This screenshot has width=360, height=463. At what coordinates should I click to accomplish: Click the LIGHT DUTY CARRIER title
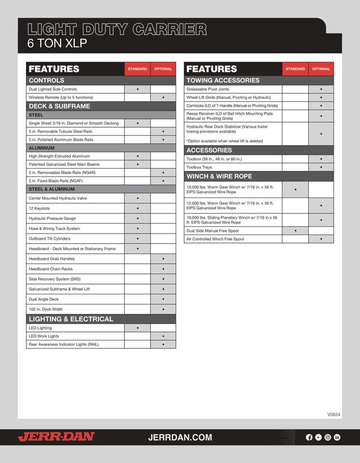[117, 29]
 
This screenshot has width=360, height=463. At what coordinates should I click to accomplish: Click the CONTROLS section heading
[47, 80]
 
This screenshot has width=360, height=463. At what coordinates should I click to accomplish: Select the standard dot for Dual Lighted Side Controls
[138, 89]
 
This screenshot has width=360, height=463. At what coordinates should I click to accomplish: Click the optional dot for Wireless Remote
[163, 97]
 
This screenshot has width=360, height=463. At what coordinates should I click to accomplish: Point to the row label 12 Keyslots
[40, 209]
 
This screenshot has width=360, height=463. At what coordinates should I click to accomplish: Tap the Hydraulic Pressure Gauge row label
[52, 219]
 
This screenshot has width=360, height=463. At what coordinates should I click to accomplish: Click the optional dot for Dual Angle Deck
[163, 299]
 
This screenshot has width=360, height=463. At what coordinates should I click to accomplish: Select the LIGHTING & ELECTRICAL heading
[71, 319]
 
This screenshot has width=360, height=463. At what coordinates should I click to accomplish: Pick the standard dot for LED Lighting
[138, 327]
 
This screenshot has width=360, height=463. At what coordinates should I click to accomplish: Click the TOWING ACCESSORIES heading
[223, 80]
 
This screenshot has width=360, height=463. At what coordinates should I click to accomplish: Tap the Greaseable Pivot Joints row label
[208, 89]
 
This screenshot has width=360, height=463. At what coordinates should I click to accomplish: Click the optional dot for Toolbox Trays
[321, 167]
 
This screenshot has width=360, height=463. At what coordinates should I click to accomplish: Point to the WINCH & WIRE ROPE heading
[219, 177]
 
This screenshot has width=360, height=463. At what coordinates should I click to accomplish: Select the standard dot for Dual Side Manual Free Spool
[295, 231]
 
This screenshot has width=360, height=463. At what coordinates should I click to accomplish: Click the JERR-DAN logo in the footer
[56, 437]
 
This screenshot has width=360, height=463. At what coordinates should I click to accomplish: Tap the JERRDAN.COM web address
[180, 437]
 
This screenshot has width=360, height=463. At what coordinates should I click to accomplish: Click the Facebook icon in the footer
[309, 437]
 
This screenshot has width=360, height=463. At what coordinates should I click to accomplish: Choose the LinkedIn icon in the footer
[337, 437]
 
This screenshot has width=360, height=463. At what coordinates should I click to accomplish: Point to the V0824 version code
[334, 415]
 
